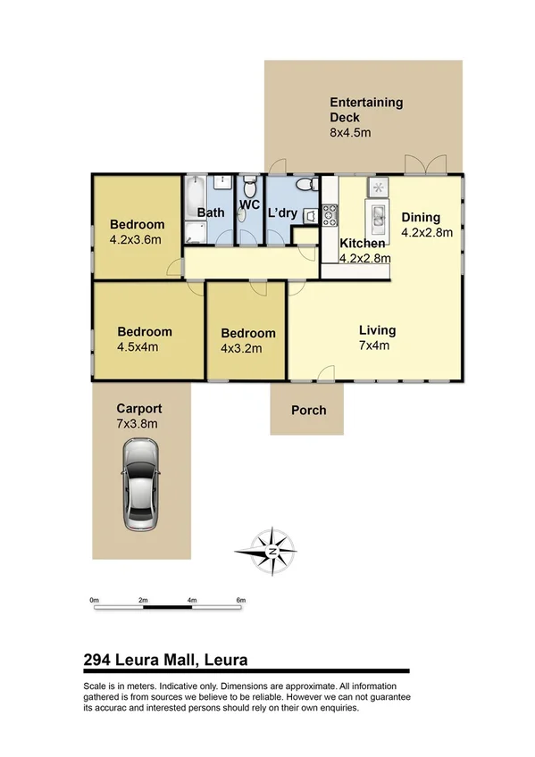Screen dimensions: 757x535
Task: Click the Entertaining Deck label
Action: pyautogui.click(x=366, y=110)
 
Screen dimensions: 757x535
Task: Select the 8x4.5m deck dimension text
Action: pyautogui.click(x=350, y=133)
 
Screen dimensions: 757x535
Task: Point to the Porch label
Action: pyautogui.click(x=309, y=411)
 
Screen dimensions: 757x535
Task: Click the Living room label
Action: pyautogui.click(x=376, y=330)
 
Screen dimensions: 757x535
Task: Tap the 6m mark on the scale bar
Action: pyautogui.click(x=240, y=601)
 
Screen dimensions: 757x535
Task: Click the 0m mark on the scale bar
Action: pyautogui.click(x=94, y=601)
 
